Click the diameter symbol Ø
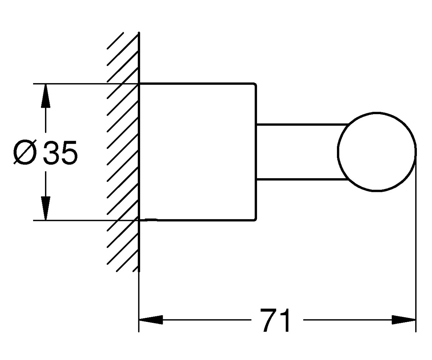pyautogui.click(x=25, y=152)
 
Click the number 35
pyautogui.click(x=60, y=153)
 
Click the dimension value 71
pyautogui.click(x=275, y=320)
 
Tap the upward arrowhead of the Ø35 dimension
pyautogui.click(x=45, y=96)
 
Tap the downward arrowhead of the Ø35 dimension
pyautogui.click(x=45, y=208)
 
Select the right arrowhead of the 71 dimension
pyautogui.click(x=404, y=320)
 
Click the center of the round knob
pyautogui.click(x=377, y=152)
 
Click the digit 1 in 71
pyautogui.click(x=284, y=320)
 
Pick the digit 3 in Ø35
pyautogui.click(x=51, y=153)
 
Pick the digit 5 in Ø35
pyautogui.click(x=69, y=153)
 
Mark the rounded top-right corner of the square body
pyautogui.click(x=255, y=84)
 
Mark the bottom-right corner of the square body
pyautogui.click(x=255, y=220)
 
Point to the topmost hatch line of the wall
pyautogui.click(x=115, y=41)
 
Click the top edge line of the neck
pyautogui.click(x=302, y=125)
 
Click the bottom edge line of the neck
pyautogui.click(x=302, y=179)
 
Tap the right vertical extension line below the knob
pyautogui.click(x=416, y=242)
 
